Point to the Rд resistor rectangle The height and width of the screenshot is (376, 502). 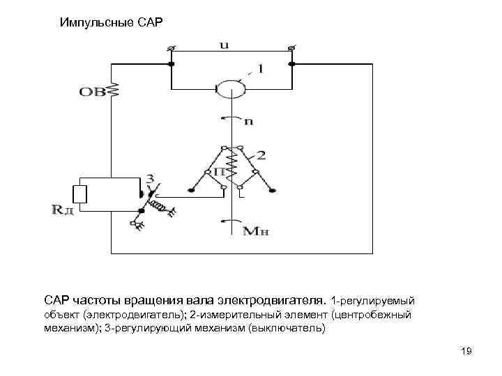(x=80, y=194)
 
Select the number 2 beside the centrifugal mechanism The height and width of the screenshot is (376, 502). (x=260, y=155)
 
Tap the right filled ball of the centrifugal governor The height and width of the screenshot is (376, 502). (x=276, y=189)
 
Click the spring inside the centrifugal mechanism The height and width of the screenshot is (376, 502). (x=232, y=167)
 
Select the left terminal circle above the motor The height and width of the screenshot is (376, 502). (x=171, y=48)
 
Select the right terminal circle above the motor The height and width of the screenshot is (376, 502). (x=291, y=48)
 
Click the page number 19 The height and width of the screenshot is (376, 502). (x=466, y=352)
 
